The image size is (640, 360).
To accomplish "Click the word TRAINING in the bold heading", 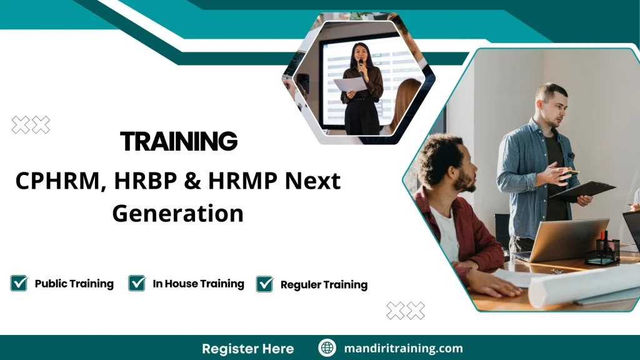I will [179, 142].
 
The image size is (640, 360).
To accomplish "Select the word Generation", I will [177, 214].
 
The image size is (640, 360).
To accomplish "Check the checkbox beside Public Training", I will [19, 283].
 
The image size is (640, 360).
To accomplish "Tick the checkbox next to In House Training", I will [137, 283].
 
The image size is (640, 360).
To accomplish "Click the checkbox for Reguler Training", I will [265, 284].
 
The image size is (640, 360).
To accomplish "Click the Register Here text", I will [247, 348].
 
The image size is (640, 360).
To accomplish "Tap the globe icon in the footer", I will [327, 348].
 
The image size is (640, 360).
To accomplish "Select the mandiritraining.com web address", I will [404, 348].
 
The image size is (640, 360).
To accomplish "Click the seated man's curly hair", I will [440, 156].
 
